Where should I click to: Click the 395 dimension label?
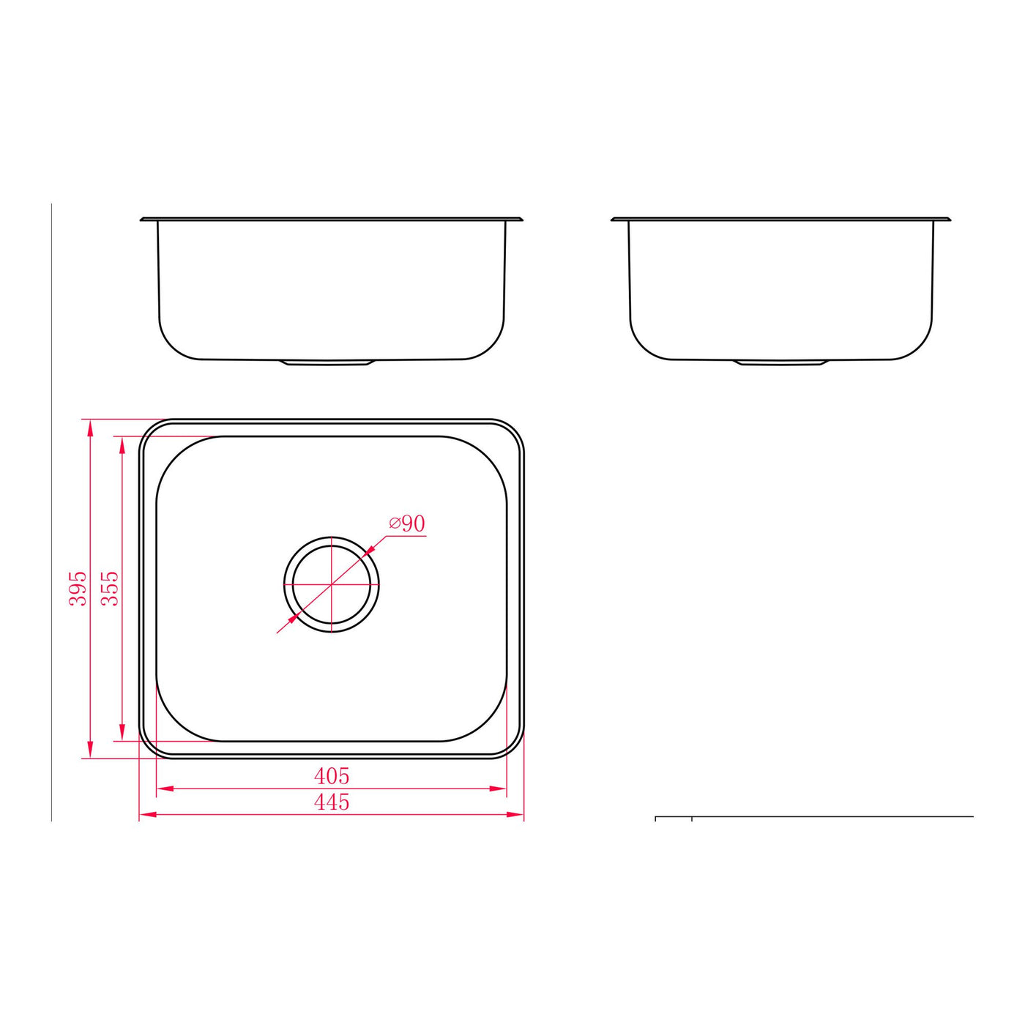tap(78, 589)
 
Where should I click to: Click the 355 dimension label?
tap(110, 589)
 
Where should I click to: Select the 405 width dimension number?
tap(332, 776)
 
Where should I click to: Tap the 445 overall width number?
tap(332, 802)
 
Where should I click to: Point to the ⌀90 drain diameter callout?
tap(407, 524)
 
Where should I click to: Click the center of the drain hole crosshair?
tap(332, 584)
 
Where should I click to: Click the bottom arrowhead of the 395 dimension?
tap(90, 749)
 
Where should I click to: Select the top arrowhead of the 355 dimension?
tap(122, 445)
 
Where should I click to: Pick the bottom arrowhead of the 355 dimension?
tap(122, 732)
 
